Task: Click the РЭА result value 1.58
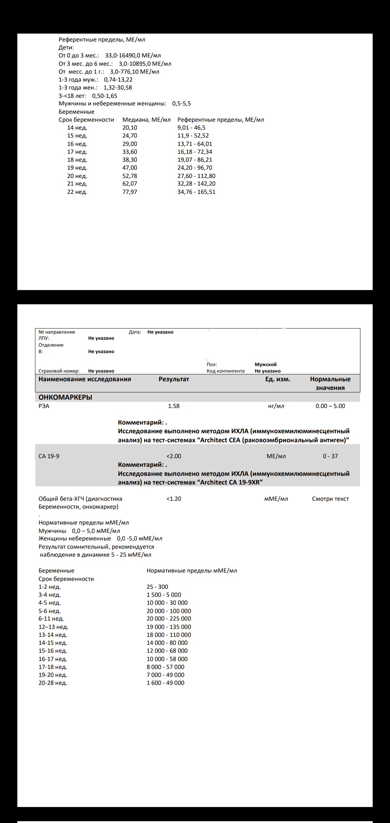(x=174, y=406)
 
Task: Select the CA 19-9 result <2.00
(x=174, y=456)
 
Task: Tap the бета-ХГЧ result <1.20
(x=174, y=499)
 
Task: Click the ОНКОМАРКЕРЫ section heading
(x=65, y=397)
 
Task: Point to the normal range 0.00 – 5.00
(x=330, y=406)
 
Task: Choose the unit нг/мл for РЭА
(x=276, y=406)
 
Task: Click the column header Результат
(x=174, y=379)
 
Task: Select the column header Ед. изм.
(x=278, y=379)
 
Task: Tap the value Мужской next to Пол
(x=265, y=365)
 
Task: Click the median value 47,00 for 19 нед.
(x=130, y=168)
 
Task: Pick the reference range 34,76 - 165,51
(x=196, y=192)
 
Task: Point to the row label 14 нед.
(x=77, y=128)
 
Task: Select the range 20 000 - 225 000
(x=169, y=619)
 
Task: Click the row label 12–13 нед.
(x=53, y=627)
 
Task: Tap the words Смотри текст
(x=330, y=499)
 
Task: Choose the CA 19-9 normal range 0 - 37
(x=330, y=456)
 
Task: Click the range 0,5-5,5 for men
(x=181, y=104)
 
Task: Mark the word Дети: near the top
(x=66, y=48)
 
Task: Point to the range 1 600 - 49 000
(x=165, y=683)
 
